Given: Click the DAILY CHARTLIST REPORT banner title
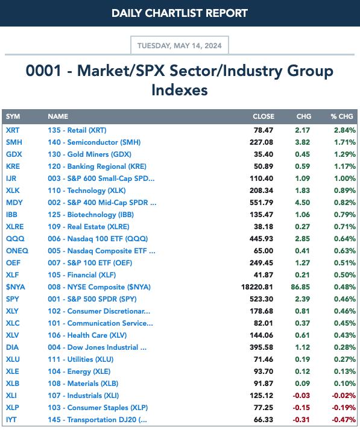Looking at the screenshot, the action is [180, 13].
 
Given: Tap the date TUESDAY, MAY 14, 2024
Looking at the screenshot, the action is [180, 45].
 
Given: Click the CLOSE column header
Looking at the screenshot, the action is [264, 116].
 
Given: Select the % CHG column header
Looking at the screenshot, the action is [342, 116].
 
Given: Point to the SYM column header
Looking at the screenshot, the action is [13, 116].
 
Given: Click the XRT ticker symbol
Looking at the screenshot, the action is [13, 130].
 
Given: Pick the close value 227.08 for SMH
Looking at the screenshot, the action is [261, 142].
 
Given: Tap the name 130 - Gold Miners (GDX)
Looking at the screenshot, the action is [90, 154].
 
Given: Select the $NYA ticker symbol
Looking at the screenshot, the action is [15, 287].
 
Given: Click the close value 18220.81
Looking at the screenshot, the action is [257, 287].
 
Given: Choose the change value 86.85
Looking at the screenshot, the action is [300, 287].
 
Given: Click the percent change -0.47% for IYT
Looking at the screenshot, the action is [344, 420].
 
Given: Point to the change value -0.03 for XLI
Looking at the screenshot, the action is [302, 396].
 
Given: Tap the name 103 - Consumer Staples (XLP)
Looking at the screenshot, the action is [98, 408].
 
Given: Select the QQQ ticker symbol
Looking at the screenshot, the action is [15, 239].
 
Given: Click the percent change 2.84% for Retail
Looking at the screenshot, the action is [345, 130].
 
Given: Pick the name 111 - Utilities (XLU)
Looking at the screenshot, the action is [81, 359].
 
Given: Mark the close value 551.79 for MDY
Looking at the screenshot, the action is [261, 203].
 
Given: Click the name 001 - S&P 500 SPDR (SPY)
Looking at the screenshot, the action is [92, 299].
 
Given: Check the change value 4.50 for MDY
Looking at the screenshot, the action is [303, 203].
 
